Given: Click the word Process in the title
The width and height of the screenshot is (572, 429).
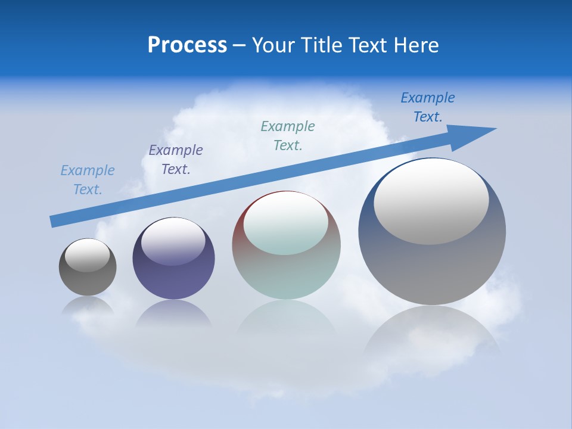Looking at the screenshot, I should click(x=187, y=45).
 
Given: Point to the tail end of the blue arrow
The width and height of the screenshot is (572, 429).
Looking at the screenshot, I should click(x=52, y=222).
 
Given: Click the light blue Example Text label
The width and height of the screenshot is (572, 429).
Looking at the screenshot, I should click(x=88, y=180).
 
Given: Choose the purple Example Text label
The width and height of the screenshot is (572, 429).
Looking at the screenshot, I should click(x=176, y=160).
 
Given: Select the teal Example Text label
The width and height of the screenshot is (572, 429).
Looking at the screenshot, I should click(x=288, y=136).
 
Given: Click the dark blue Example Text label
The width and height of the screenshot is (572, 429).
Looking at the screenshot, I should click(x=428, y=107).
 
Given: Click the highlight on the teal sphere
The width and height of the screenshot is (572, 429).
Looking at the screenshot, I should click(x=285, y=223).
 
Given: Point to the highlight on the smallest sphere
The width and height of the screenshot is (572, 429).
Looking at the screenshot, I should click(x=87, y=255).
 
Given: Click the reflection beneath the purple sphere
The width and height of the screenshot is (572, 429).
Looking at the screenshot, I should click(x=173, y=314).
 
